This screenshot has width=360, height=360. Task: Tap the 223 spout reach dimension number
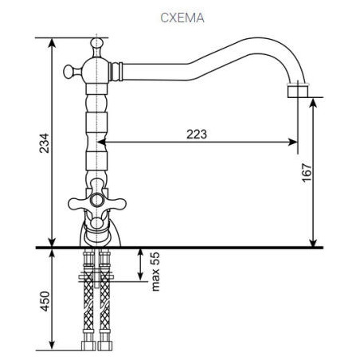point(194,134)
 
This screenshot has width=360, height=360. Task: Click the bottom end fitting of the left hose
point(88,348)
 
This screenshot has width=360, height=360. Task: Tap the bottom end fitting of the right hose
point(105,348)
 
